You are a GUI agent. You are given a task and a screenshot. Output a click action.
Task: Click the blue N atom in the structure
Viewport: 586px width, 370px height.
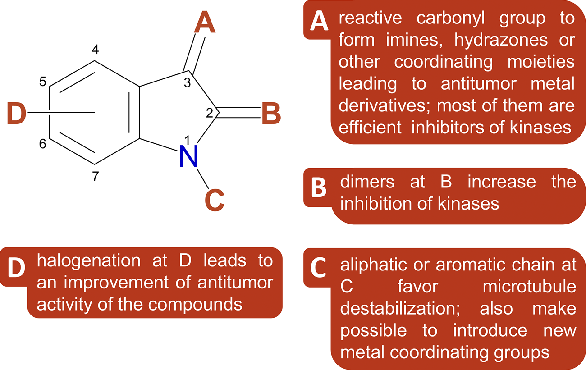click(x=189, y=156)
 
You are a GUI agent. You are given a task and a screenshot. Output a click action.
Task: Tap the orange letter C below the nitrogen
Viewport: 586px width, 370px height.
click(x=215, y=200)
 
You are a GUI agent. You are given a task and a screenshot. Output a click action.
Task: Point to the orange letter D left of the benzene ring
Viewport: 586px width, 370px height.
click(x=17, y=113)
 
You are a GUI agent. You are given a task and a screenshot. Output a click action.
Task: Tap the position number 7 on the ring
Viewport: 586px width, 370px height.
click(x=95, y=177)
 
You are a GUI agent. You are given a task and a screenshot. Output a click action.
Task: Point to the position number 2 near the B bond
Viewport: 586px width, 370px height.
click(x=209, y=113)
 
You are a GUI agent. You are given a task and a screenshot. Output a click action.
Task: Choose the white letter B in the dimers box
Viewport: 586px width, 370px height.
click(x=319, y=188)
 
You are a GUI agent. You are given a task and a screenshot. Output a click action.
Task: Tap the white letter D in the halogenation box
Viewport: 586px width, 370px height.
click(x=17, y=268)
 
